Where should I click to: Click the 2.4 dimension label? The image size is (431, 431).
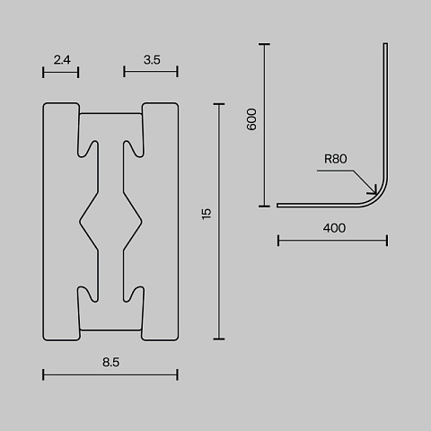pyautogui.click(x=62, y=60)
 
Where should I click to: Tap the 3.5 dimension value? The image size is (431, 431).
pyautogui.click(x=152, y=60)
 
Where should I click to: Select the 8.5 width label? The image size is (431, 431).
pyautogui.click(x=110, y=362)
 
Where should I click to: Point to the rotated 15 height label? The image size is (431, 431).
pyautogui.click(x=207, y=214)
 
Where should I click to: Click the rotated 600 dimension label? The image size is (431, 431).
pyautogui.click(x=251, y=119)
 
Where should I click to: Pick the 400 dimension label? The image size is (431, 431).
pyautogui.click(x=334, y=228)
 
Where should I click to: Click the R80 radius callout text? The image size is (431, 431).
pyautogui.click(x=336, y=159)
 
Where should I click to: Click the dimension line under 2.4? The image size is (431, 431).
pyautogui.click(x=61, y=72)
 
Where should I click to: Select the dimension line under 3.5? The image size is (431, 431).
pyautogui.click(x=151, y=72)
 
